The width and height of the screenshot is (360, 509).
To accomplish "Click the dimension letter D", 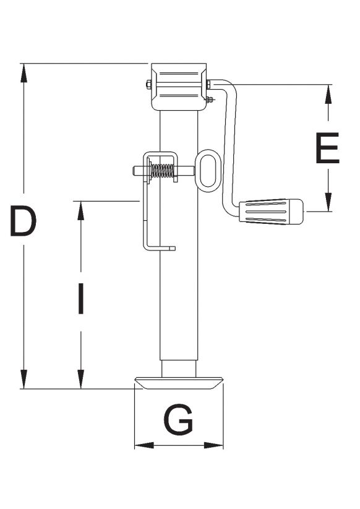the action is [x=23, y=221].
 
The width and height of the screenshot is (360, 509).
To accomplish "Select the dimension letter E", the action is [x=328, y=148].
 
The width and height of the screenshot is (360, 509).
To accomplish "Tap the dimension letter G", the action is [x=178, y=419].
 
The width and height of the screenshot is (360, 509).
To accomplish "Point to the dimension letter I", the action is [x=81, y=299].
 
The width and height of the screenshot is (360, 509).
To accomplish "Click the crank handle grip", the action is [x=271, y=212].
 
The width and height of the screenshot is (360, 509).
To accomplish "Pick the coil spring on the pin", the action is [x=162, y=171].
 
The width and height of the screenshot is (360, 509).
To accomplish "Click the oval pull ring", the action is [x=208, y=171].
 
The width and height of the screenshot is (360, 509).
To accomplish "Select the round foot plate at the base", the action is [x=179, y=383].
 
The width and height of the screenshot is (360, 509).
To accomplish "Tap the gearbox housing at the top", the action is [x=179, y=87].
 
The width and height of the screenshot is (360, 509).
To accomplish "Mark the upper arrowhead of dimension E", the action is [x=328, y=95].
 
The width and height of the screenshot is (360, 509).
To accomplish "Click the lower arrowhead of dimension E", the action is [x=328, y=202].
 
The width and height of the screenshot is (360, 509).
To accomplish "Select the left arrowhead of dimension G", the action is [x=145, y=445].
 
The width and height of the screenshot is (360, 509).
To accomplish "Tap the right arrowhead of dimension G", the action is [x=213, y=445].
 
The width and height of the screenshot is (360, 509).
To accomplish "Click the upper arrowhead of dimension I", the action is [x=81, y=211].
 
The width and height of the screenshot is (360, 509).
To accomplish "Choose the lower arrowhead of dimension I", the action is [x=81, y=379].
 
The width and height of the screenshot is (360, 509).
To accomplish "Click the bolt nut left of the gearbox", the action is [x=148, y=84].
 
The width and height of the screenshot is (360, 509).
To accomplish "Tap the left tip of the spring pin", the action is [x=133, y=171].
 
